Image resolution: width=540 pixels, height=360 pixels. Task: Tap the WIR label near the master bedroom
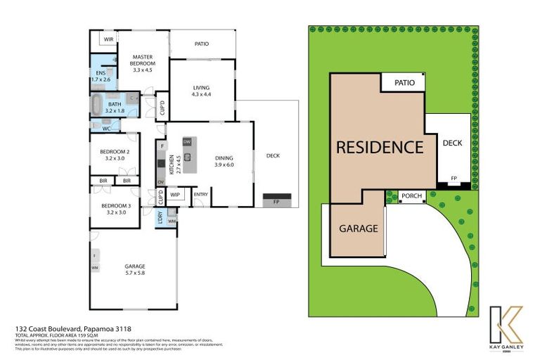tap(108, 39)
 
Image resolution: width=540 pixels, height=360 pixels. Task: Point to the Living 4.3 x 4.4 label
tap(202, 91)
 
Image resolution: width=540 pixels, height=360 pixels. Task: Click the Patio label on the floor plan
tap(202, 44)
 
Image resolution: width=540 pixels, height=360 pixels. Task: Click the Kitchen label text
tap(169, 165)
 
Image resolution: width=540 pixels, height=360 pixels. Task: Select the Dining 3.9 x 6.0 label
tap(224, 161)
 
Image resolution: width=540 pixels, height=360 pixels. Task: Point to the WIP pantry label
tap(174, 195)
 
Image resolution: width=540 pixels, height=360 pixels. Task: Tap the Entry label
tap(200, 195)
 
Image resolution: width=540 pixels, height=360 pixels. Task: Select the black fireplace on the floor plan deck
tap(275, 198)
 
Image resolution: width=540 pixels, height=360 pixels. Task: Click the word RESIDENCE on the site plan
tap(379, 147)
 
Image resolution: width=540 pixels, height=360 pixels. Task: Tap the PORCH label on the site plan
tap(411, 197)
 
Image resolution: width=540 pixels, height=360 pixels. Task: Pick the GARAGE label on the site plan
tap(359, 229)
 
